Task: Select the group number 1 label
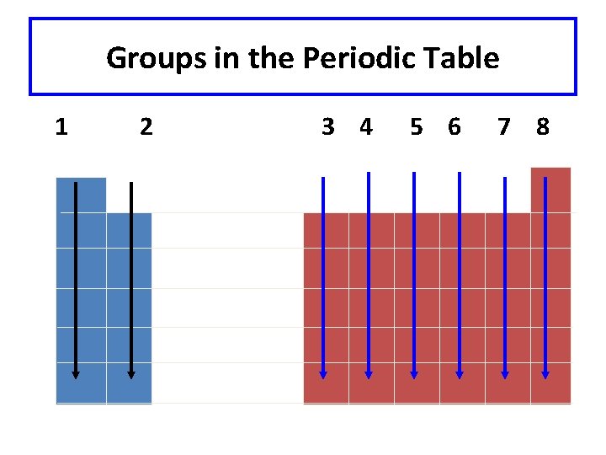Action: click(x=61, y=127)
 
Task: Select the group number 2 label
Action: click(x=146, y=127)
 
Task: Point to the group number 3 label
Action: click(x=328, y=127)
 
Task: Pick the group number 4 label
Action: click(x=365, y=127)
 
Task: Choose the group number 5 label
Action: click(x=416, y=127)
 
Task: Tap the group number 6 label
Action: click(x=454, y=127)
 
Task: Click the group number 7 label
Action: click(x=504, y=127)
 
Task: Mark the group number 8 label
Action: click(x=543, y=127)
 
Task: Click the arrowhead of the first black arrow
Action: click(x=76, y=374)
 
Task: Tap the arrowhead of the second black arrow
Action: click(x=131, y=374)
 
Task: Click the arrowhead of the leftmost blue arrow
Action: click(x=323, y=374)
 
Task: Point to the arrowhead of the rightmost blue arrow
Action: click(x=545, y=374)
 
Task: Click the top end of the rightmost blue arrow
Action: click(x=545, y=179)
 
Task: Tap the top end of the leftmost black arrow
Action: click(x=76, y=184)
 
